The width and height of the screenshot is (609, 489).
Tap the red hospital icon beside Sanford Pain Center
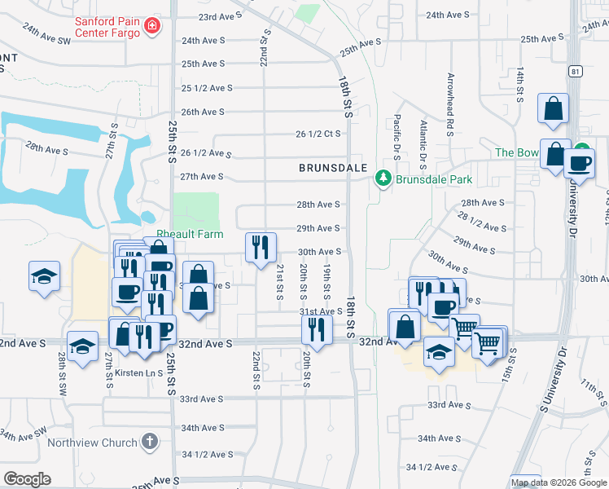pyautogui.click(x=151, y=28)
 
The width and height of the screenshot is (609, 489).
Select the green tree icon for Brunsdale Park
pyautogui.click(x=381, y=178)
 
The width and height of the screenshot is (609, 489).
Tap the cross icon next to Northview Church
pyautogui.click(x=148, y=443)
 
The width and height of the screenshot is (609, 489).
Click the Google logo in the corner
pyautogui.click(x=27, y=478)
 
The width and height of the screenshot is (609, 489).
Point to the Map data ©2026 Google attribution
pyautogui.click(x=559, y=482)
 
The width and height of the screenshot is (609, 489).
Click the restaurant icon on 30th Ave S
pyautogui.click(x=261, y=246)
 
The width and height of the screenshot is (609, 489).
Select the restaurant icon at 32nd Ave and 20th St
pyautogui.click(x=316, y=329)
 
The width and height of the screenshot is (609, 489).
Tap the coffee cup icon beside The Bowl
pyautogui.click(x=579, y=162)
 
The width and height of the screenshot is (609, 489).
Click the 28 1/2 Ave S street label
pyautogui.click(x=482, y=222)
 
